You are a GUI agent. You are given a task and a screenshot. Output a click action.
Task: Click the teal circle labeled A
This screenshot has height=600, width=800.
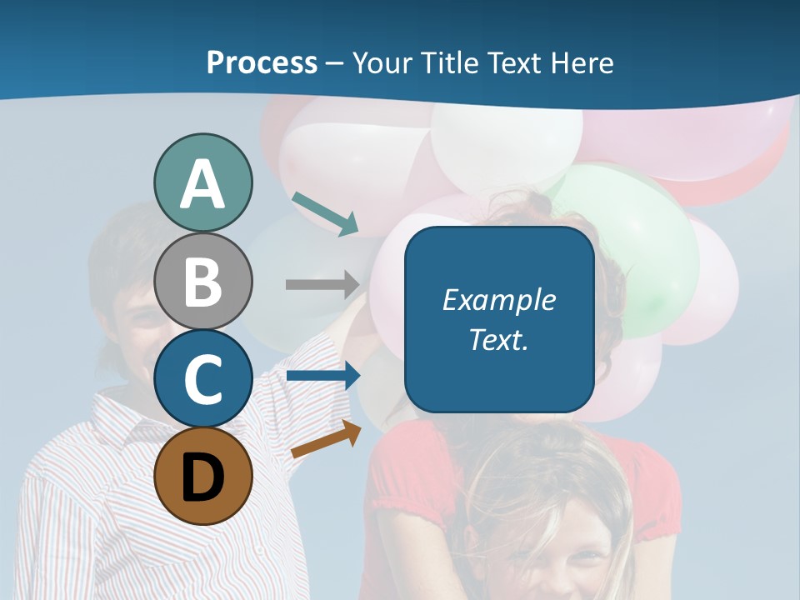click(202, 182)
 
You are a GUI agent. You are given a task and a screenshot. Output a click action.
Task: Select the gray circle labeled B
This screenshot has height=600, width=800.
click(202, 281)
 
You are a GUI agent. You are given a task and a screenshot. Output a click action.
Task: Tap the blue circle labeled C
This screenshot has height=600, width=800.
click(202, 378)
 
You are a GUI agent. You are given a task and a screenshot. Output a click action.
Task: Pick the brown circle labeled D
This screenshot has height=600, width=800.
click(202, 476)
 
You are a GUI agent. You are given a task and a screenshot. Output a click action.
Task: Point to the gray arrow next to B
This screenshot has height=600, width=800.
click(322, 284)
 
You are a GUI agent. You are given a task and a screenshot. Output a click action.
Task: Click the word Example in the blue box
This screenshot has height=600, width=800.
click(498, 300)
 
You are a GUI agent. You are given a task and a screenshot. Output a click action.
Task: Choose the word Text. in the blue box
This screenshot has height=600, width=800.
click(498, 339)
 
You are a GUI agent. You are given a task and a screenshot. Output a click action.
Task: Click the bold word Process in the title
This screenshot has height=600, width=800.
click(262, 62)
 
